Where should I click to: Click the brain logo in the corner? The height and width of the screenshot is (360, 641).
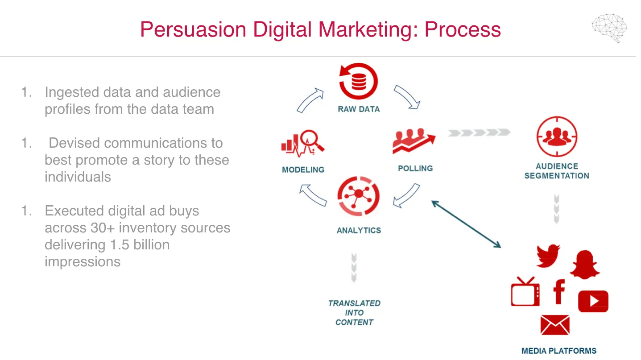(x=609, y=28)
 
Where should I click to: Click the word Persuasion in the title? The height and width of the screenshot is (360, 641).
(x=193, y=29)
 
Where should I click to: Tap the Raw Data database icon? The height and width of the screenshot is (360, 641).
(x=359, y=81)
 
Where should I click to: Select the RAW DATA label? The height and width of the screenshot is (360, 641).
(x=359, y=109)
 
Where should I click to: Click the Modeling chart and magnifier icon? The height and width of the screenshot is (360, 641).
(x=303, y=143)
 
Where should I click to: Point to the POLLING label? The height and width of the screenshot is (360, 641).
(x=415, y=168)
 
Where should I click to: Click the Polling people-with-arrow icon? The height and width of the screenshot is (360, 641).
(x=414, y=141)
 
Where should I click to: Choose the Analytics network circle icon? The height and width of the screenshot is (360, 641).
(x=359, y=196)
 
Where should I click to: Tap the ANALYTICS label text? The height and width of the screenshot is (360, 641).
(x=359, y=230)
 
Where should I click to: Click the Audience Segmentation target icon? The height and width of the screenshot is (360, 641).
(x=557, y=137)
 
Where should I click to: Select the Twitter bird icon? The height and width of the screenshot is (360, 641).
(x=548, y=256)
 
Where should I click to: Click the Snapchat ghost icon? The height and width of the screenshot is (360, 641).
(x=585, y=265)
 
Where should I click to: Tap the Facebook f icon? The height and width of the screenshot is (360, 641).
(x=559, y=291)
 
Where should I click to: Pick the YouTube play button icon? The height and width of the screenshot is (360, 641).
(x=593, y=301)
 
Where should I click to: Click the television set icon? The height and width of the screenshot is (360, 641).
(x=525, y=291)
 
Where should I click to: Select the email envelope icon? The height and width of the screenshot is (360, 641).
(x=555, y=325)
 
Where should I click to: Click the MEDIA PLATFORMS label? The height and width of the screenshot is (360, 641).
(x=559, y=351)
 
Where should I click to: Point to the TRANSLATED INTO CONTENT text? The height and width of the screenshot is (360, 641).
(x=354, y=313)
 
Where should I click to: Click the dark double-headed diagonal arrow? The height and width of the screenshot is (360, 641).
(x=466, y=224)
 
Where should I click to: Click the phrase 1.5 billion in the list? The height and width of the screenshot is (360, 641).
(x=140, y=244)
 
